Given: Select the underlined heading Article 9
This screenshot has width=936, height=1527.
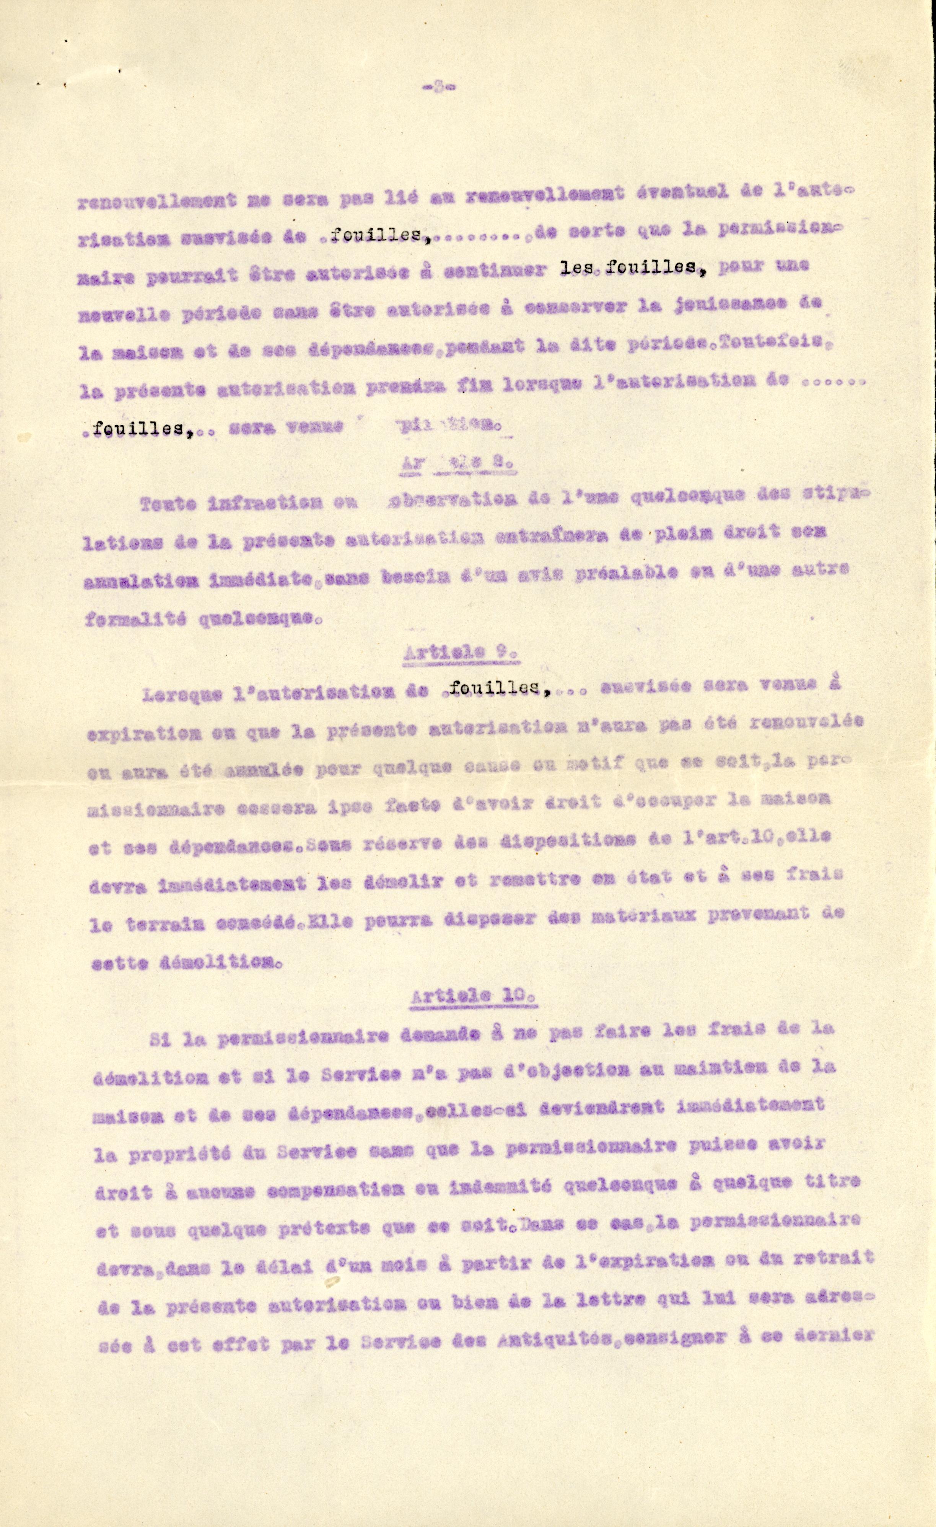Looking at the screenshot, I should click(460, 653).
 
